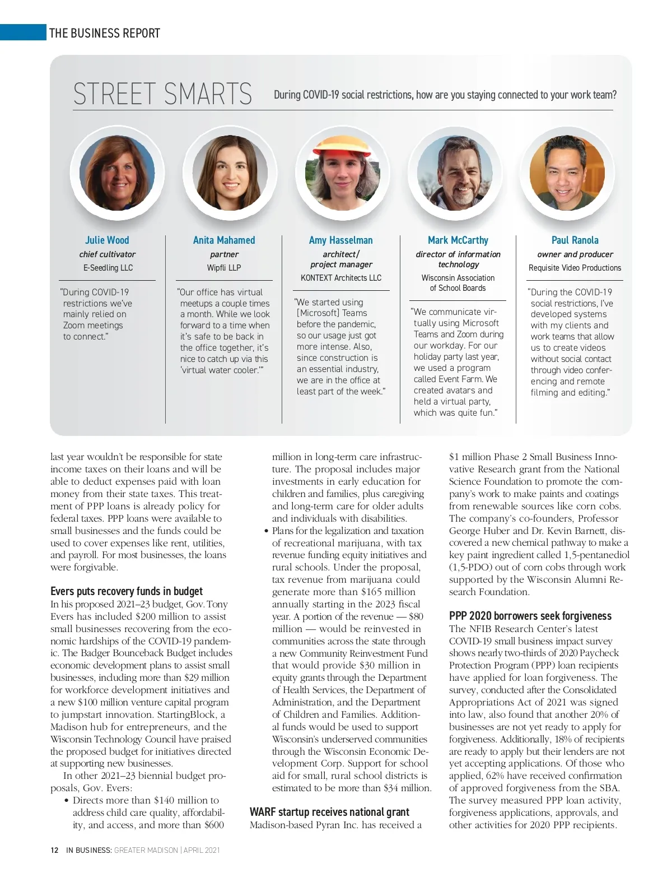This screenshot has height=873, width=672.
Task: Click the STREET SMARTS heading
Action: coord(162,94)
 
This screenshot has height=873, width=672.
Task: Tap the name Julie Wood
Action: coord(107,240)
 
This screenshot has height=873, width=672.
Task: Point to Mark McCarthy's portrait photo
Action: coord(455,173)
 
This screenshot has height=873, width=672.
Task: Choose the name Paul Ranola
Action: coord(575,240)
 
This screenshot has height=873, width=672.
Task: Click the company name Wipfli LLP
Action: coord(224,268)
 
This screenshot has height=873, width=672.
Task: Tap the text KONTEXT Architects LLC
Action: coord(341,278)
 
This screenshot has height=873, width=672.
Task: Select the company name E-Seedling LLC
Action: coord(108,268)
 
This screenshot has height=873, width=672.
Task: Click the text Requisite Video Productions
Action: coord(575,268)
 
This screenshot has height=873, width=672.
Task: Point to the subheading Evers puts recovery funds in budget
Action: coord(127,591)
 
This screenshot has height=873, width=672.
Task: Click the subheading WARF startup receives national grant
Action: coord(329,812)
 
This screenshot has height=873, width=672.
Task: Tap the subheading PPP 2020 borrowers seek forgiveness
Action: coord(530,616)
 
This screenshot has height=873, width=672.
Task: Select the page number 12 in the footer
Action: coord(54,850)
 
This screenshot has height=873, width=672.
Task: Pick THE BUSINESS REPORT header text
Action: coord(105,33)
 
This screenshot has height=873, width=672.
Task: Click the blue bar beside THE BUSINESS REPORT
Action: coord(23,32)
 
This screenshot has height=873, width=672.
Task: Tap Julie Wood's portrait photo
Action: coord(117,173)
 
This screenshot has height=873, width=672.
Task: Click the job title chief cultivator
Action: coord(107,254)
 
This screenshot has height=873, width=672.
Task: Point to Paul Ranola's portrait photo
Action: coord(567,173)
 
